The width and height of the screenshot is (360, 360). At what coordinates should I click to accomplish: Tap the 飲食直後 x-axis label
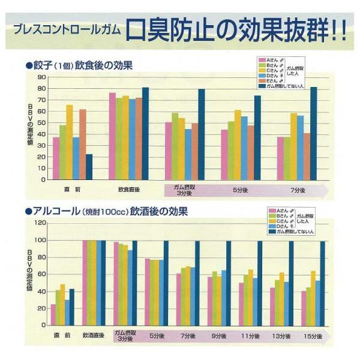coord(129,190)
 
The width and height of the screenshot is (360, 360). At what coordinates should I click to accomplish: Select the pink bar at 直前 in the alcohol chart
coord(53,315)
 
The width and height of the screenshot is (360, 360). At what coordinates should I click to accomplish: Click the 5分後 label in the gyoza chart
coord(241,190)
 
